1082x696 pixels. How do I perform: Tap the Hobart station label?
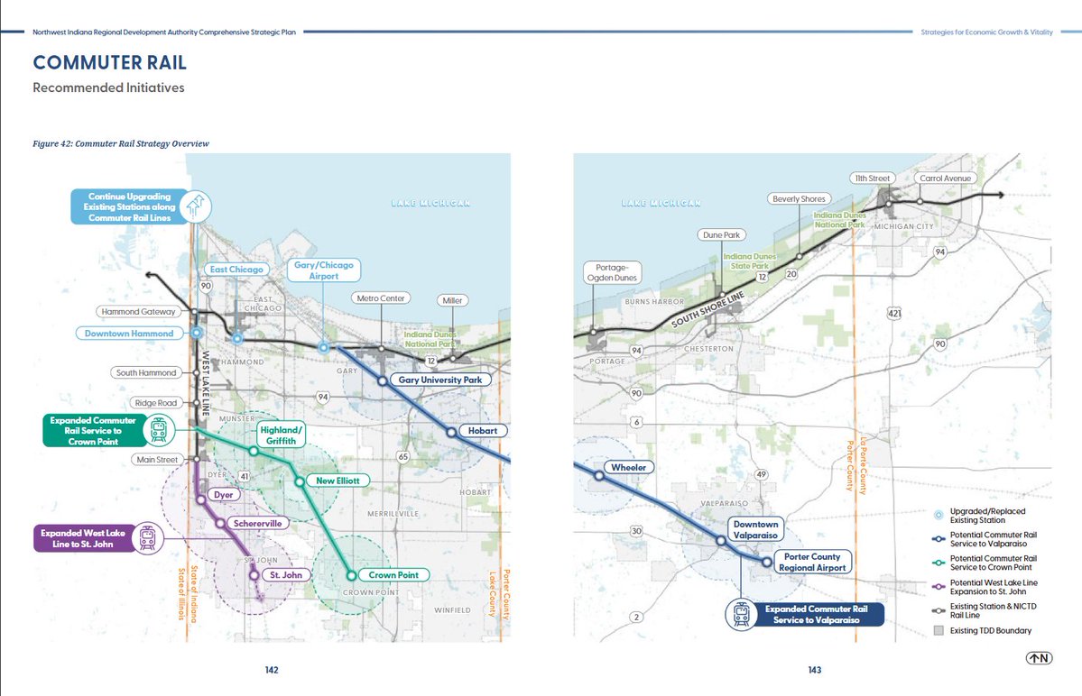(483, 431)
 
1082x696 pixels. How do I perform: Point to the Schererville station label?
(256, 524)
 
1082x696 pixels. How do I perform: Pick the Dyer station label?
(222, 495)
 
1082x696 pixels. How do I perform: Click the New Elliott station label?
(337, 481)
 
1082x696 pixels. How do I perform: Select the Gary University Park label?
(439, 380)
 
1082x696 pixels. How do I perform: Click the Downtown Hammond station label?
(129, 334)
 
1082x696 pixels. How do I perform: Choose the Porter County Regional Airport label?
(815, 562)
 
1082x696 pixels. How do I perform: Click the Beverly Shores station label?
(799, 199)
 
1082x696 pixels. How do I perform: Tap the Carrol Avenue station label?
(945, 179)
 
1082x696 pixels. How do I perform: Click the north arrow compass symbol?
(1038, 658)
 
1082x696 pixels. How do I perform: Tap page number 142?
(271, 670)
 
